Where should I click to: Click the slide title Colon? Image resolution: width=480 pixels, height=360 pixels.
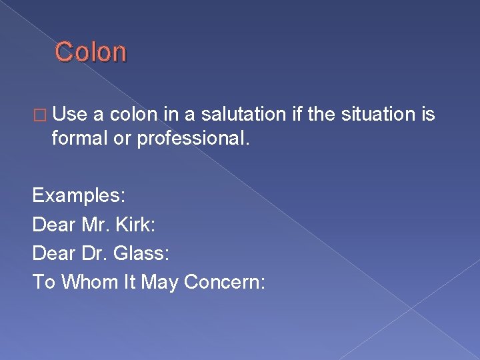point(90,52)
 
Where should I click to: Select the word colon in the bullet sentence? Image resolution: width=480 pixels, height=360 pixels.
point(133,115)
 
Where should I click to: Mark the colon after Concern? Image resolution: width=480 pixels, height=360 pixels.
point(263,283)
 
